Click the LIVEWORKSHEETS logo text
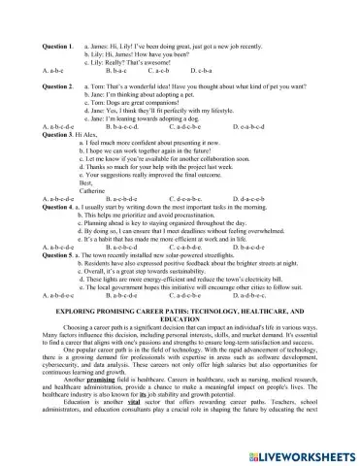[x=308, y=453]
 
